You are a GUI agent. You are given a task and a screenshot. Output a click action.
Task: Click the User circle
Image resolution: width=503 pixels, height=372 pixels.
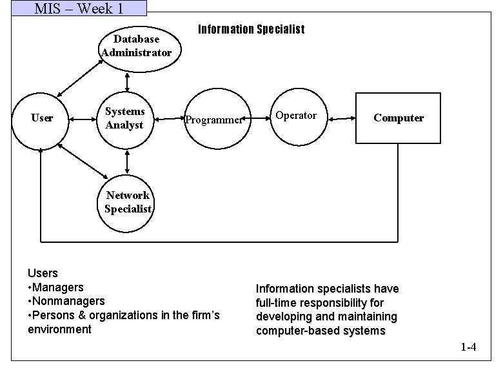pyautogui.click(x=41, y=118)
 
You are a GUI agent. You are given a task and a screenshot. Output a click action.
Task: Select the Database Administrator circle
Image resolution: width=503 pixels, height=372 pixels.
pyautogui.click(x=136, y=46)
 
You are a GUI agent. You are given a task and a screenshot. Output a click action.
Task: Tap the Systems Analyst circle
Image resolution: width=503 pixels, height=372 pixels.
pyautogui.click(x=125, y=118)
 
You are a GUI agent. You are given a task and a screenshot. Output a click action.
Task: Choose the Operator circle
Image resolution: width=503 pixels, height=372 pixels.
pyautogui.click(x=295, y=116)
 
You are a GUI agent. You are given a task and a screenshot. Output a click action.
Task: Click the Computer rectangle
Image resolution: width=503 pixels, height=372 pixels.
pyautogui.click(x=398, y=118)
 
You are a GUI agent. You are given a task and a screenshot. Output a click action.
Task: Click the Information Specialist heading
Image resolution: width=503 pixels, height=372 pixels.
pyautogui.click(x=251, y=30)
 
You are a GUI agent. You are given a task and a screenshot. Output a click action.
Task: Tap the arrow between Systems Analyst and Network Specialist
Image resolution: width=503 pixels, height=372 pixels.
pyautogui.click(x=128, y=158)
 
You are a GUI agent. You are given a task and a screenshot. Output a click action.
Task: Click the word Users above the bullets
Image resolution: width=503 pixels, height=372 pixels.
pyautogui.click(x=43, y=273)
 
